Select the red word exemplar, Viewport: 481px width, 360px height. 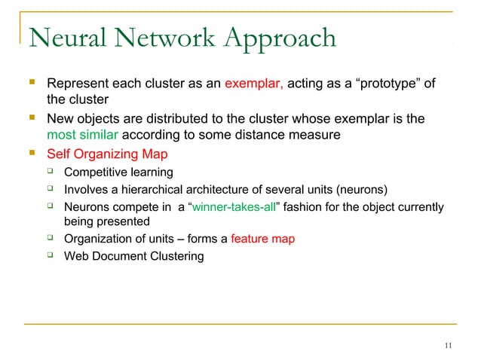[x=253, y=83]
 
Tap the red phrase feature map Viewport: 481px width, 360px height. [x=262, y=239]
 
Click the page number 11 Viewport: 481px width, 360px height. [x=449, y=346]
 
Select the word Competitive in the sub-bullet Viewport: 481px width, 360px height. [x=95, y=172]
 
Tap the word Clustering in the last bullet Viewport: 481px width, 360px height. [x=176, y=256]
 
